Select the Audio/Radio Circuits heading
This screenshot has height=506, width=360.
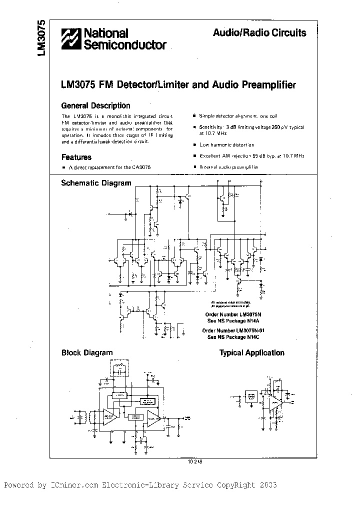[x=259, y=33]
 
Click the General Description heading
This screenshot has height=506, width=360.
[x=95, y=105]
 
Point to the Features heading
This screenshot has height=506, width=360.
[x=76, y=157]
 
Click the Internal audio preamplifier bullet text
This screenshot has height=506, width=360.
[x=229, y=167]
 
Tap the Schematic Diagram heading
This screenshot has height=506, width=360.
[x=96, y=183]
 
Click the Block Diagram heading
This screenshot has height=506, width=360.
[x=87, y=352]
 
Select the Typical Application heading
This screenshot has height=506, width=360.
[x=252, y=353]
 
